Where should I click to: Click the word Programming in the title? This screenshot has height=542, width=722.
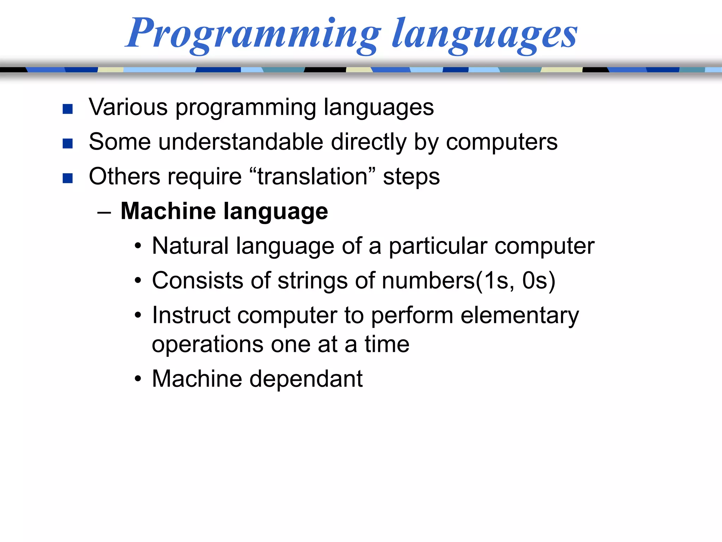point(253,34)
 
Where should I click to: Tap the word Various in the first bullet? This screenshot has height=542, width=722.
point(128,107)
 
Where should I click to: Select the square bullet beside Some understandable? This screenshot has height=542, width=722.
point(67,144)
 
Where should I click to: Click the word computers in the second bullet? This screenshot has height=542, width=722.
point(502,142)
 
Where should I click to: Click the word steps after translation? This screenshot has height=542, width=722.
point(411,177)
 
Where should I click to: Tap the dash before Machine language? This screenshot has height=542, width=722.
point(104,212)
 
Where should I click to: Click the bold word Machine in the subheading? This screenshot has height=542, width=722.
point(168,211)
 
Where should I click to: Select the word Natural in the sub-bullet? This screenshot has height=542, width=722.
point(190,246)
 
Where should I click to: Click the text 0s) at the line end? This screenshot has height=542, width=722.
point(539,281)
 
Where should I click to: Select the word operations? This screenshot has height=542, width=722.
point(208,345)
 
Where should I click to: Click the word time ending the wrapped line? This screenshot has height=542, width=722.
point(387,344)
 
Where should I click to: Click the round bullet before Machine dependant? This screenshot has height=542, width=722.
point(138,379)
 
